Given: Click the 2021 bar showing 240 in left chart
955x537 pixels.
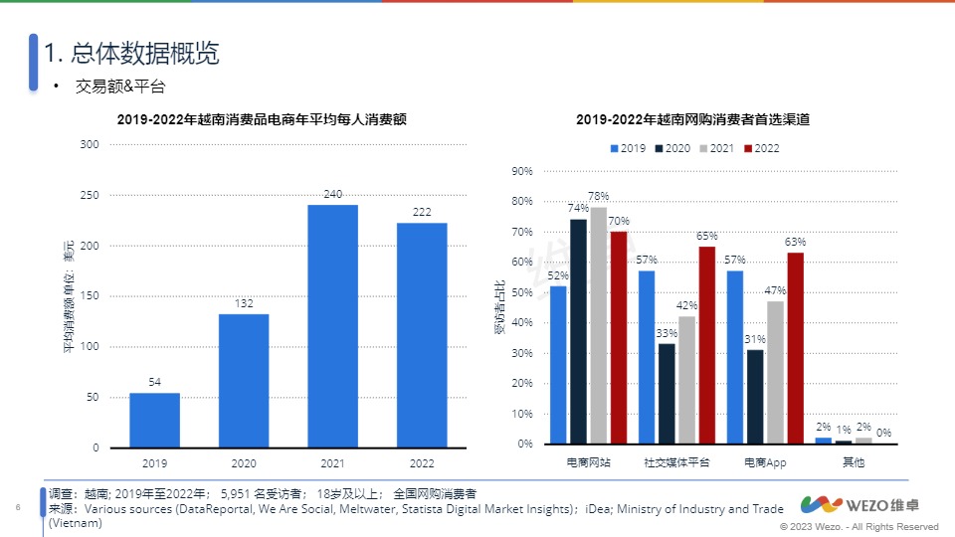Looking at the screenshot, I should click(x=332, y=326).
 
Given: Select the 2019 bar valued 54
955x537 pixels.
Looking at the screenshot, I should click(x=154, y=420).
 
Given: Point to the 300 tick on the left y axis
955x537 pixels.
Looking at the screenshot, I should click(x=90, y=145).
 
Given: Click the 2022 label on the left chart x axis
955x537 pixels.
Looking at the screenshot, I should click(x=422, y=462).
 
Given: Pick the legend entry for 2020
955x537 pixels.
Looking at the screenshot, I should click(x=671, y=148).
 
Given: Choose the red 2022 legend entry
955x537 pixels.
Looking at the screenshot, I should click(x=761, y=148).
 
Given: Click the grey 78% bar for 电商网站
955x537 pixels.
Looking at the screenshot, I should click(x=598, y=325).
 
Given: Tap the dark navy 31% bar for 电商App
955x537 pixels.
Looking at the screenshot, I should click(x=755, y=397).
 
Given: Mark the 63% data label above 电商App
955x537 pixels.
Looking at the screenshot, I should click(x=795, y=242).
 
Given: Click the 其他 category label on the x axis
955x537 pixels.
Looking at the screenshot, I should click(x=854, y=462).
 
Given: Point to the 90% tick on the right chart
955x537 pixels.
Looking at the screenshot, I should click(x=522, y=171).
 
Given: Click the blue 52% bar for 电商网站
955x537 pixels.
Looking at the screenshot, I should click(x=558, y=365).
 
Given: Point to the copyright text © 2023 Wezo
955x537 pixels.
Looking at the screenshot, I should click(x=859, y=526).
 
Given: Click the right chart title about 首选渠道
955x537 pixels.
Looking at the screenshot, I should click(x=692, y=119).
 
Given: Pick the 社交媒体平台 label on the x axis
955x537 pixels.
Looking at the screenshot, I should click(x=676, y=462).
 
